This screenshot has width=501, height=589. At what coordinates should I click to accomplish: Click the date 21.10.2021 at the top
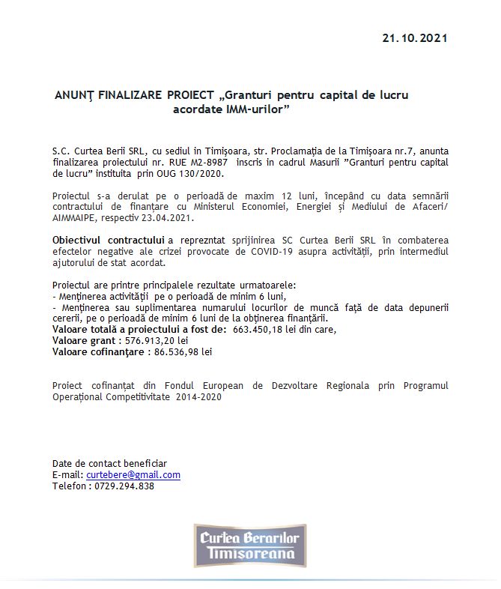[x=414, y=38]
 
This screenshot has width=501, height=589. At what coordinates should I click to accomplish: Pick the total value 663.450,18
[x=268, y=329]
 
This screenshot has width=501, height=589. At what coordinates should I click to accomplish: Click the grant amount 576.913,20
[x=157, y=340]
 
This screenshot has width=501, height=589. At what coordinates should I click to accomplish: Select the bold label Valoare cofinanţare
[x=97, y=351]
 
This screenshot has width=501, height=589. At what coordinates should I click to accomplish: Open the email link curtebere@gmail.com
[x=133, y=475]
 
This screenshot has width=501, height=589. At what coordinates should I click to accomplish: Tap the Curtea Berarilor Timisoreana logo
[x=250, y=546]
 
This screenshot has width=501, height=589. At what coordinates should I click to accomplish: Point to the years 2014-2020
[x=199, y=398]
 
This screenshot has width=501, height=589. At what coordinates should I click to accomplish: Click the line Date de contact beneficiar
[x=109, y=464]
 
